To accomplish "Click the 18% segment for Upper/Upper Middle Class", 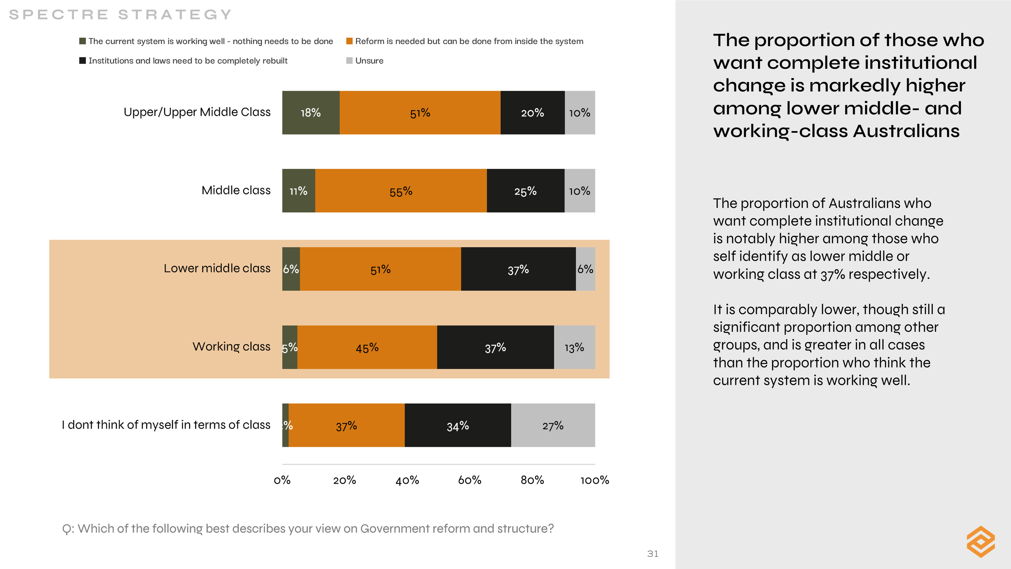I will point(311,113).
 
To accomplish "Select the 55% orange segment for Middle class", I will point(401,191).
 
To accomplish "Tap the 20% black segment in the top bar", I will point(532,113).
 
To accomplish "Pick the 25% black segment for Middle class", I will point(525,191).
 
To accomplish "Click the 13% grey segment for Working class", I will point(574,347).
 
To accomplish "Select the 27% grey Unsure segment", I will point(553,425).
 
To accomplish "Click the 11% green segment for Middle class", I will point(298,191).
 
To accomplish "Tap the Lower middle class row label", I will point(217,268).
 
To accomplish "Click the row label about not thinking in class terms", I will point(166,425).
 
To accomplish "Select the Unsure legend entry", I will point(369,61).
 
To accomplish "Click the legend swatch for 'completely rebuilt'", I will point(82,61).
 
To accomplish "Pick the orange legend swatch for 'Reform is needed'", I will point(349,41).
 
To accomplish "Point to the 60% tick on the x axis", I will point(470,480).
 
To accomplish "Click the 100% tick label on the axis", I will point(594,480).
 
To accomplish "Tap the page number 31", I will point(653,554).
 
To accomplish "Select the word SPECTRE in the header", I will point(59,15).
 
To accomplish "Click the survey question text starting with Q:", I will point(308,529).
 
